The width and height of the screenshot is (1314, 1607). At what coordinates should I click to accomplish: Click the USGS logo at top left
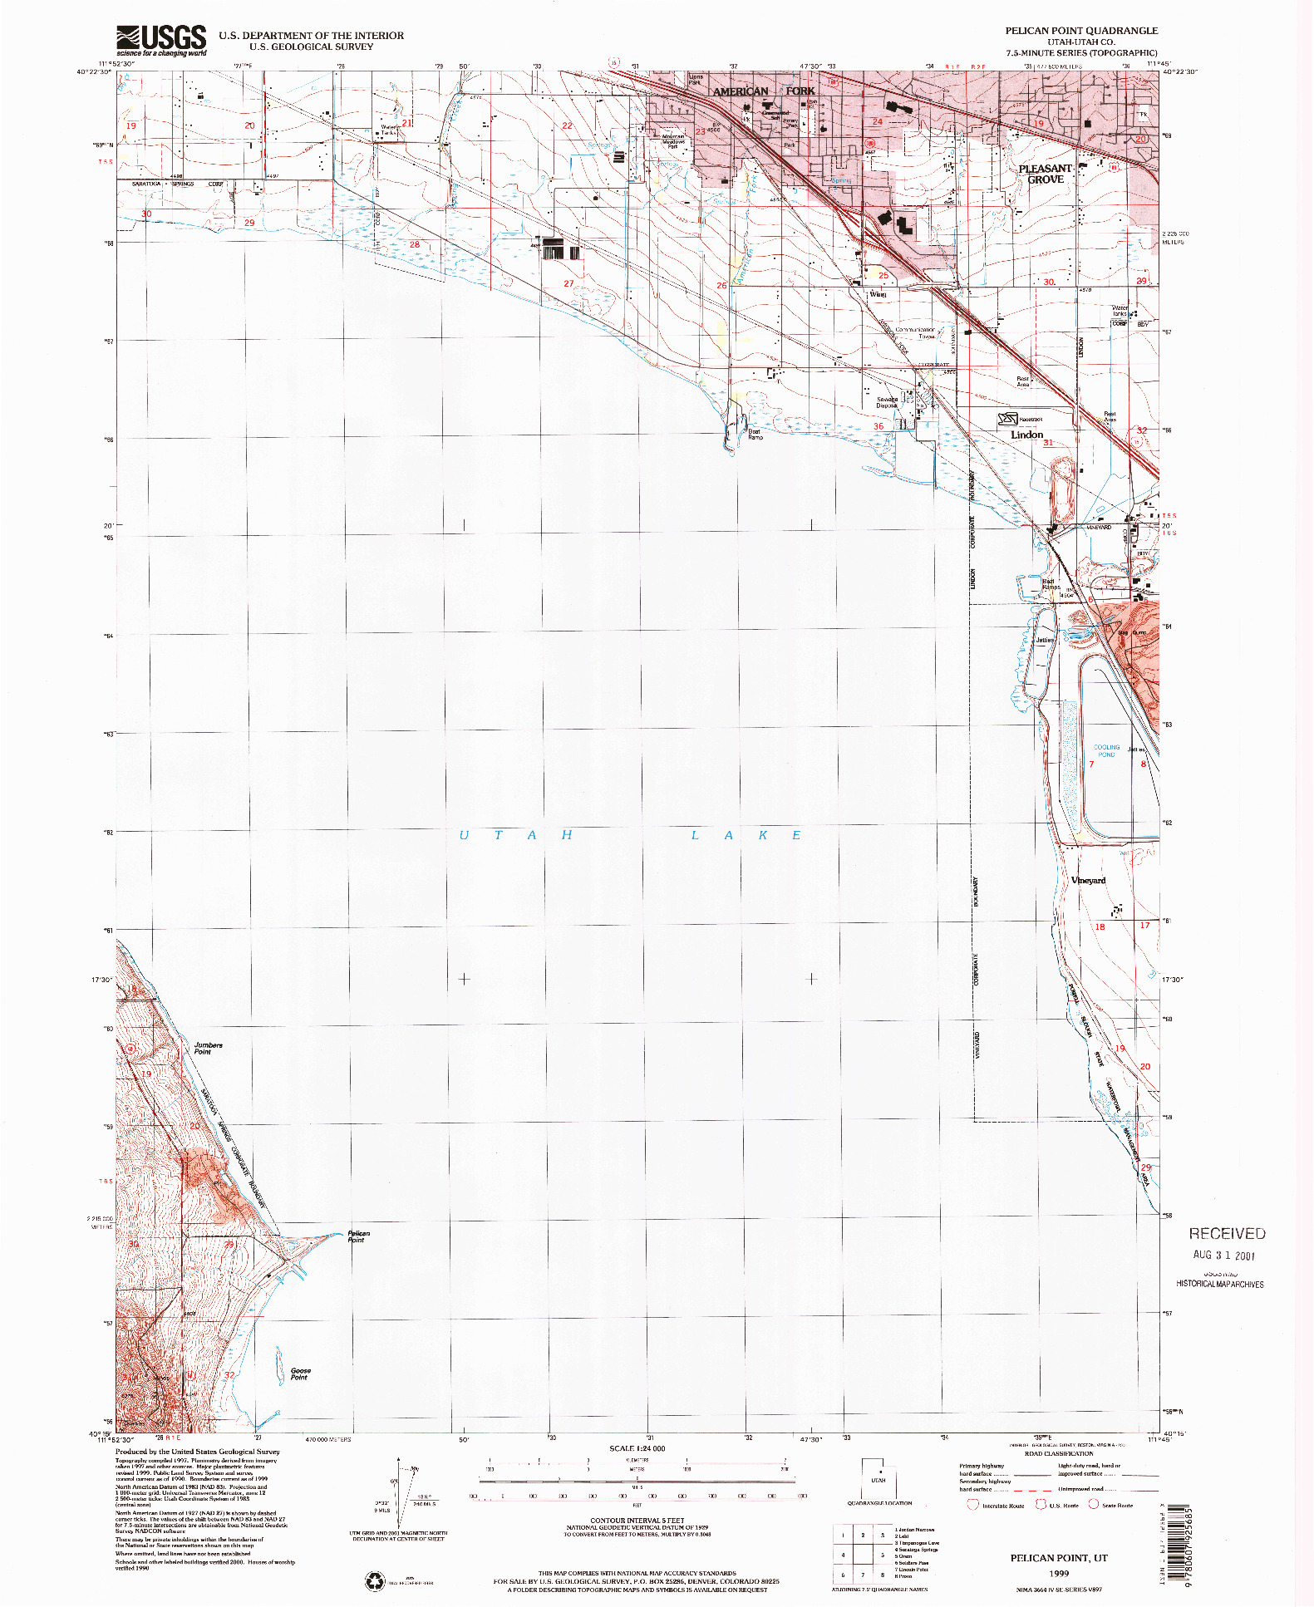(x=161, y=40)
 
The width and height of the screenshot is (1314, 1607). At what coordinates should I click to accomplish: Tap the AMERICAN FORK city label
(x=763, y=91)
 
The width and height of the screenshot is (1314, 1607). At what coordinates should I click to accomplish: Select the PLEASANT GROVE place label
(x=1045, y=174)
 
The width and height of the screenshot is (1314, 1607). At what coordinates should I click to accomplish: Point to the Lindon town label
(x=1026, y=435)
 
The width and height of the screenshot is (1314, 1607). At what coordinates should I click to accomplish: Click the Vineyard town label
(x=1088, y=880)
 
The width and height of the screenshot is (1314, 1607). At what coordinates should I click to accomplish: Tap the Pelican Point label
(x=358, y=1236)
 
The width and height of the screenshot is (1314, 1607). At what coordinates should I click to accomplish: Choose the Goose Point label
(x=300, y=1374)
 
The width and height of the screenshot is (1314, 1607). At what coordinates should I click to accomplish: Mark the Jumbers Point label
(x=208, y=1049)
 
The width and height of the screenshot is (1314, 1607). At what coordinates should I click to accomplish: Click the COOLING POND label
(x=1106, y=750)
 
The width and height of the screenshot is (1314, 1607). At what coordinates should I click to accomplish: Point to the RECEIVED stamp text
(x=1226, y=1234)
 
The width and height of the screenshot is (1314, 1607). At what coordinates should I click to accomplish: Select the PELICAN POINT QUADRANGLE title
(x=1080, y=31)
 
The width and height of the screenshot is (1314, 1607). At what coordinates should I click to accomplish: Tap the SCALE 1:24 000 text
(x=637, y=1448)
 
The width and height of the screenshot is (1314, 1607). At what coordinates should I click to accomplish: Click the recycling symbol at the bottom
(x=376, y=1580)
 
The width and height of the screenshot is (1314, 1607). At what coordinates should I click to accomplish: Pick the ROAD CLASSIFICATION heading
(x=1058, y=1453)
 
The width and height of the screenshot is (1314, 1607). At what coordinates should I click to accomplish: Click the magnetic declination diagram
(x=401, y=1496)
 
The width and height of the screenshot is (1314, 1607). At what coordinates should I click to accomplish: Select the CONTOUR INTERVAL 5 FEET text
(x=637, y=1520)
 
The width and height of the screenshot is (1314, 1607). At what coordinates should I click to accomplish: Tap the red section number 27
(x=568, y=283)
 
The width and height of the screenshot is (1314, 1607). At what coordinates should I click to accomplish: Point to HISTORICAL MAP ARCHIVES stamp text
(x=1219, y=1284)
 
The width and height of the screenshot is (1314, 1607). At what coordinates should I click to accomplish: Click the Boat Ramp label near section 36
(x=754, y=434)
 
